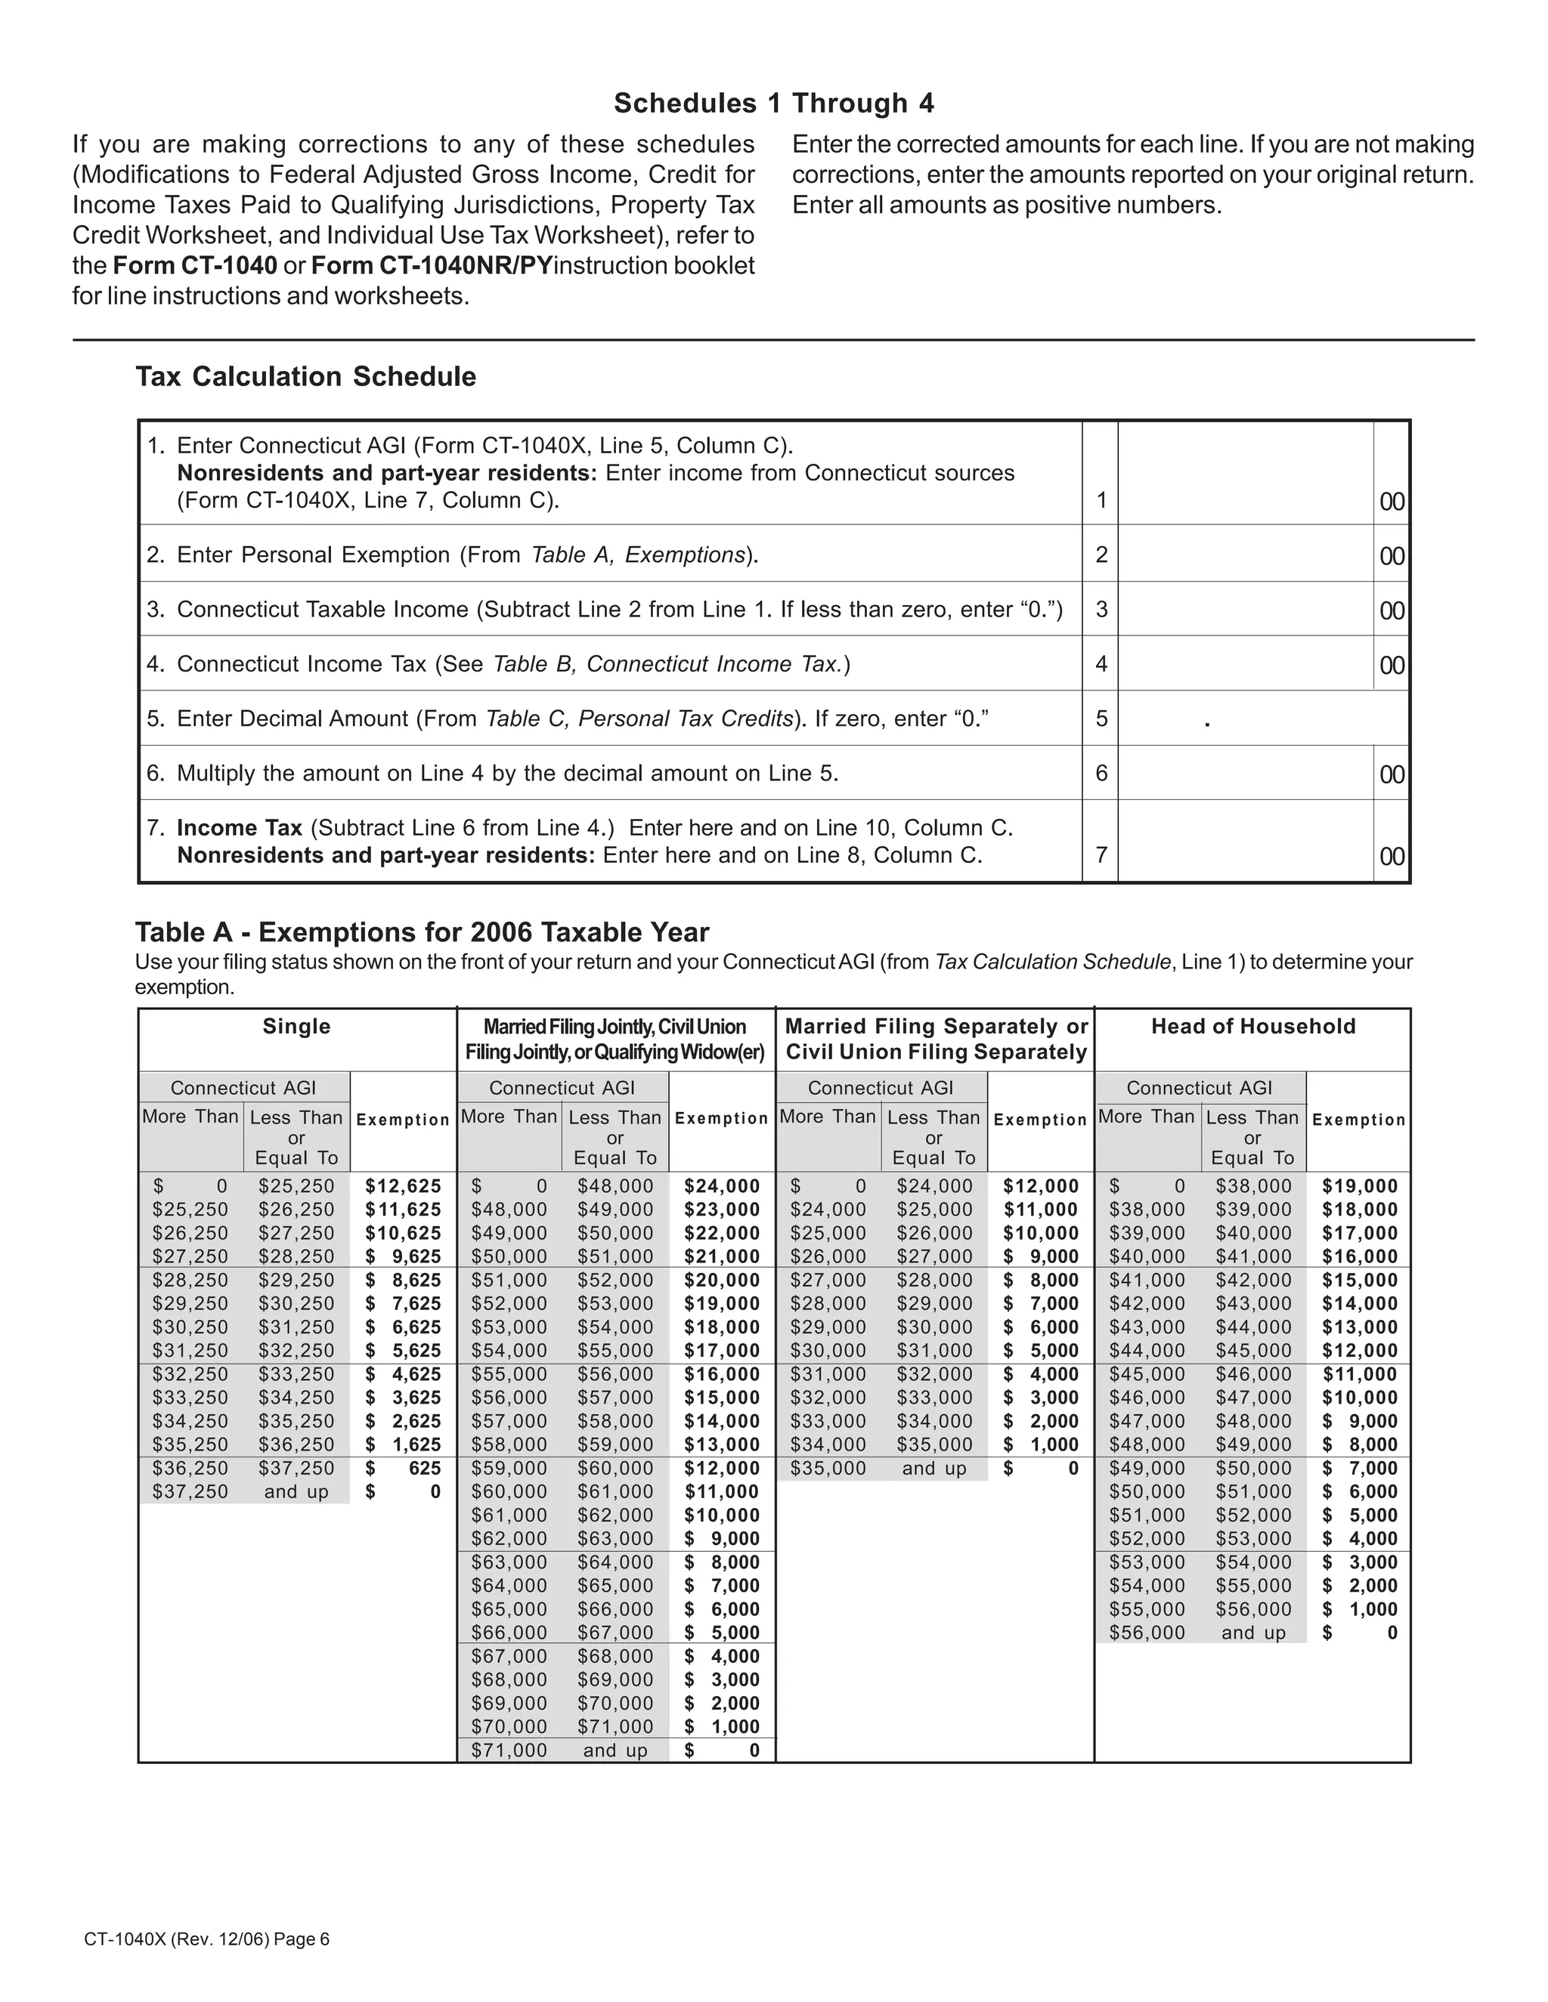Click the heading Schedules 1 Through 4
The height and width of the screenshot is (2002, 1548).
[773, 103]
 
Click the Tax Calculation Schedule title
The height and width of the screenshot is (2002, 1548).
[305, 377]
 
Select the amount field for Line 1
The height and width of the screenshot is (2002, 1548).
[1244, 474]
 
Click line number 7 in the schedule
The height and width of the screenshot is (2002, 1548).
[1101, 855]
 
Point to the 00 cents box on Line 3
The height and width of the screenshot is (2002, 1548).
[1392, 610]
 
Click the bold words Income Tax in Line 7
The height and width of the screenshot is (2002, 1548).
[240, 828]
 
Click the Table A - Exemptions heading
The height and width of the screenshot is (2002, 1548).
[422, 932]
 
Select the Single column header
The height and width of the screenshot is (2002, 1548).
[296, 1027]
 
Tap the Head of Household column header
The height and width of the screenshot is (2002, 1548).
[1252, 1027]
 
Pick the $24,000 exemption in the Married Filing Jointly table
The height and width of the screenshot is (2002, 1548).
[722, 1186]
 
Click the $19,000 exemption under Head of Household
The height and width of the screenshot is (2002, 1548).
[1359, 1186]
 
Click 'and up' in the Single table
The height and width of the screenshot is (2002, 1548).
[296, 1492]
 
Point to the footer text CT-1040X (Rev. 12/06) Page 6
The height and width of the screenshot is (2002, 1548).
[206, 1939]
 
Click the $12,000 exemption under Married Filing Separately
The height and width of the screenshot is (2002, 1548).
[1041, 1186]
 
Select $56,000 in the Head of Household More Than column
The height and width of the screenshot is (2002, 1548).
[1147, 1633]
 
